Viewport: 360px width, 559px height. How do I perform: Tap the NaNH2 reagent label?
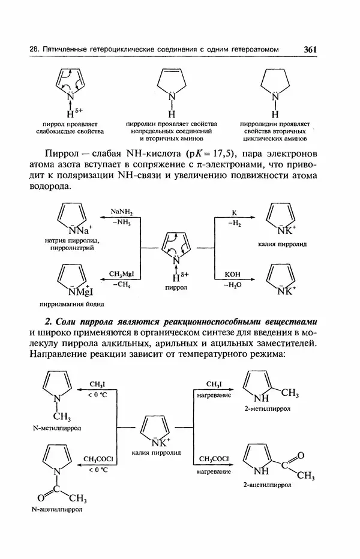[x=121, y=212]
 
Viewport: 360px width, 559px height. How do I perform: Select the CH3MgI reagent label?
[x=121, y=274]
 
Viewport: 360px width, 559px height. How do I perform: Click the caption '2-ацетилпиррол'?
[x=267, y=483]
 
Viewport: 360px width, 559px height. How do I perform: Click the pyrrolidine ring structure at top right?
[x=275, y=85]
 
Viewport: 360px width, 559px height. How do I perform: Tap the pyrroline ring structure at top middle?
[x=172, y=85]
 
